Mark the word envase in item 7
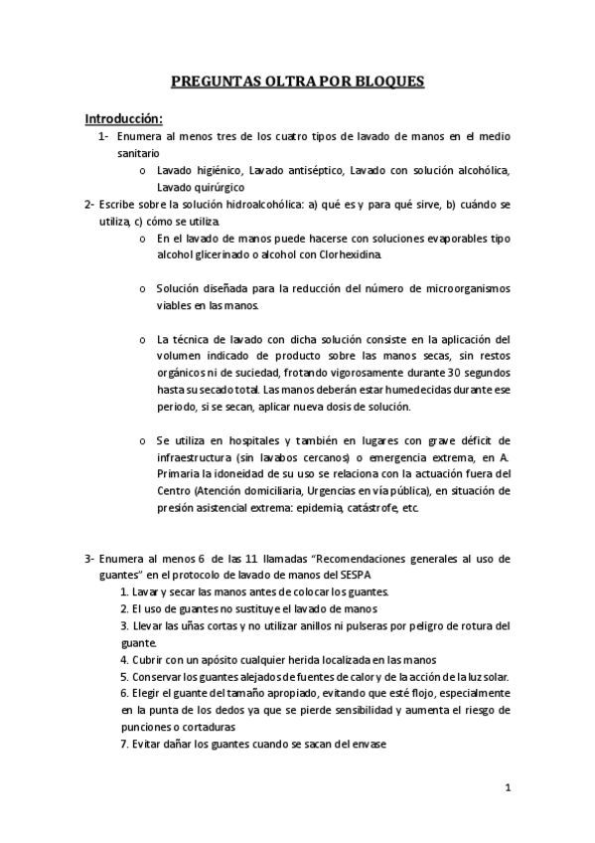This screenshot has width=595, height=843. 366,744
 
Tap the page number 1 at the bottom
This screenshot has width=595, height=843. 507,789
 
